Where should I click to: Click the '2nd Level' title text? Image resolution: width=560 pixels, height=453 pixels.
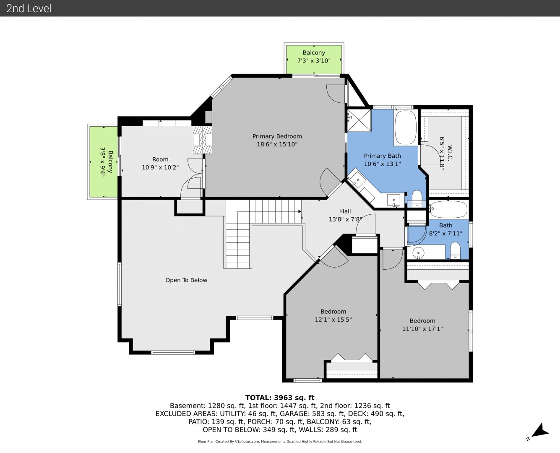click(x=29, y=8)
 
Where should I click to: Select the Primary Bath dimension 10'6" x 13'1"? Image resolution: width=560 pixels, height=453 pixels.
click(x=382, y=164)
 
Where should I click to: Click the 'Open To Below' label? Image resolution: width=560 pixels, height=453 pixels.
click(x=186, y=280)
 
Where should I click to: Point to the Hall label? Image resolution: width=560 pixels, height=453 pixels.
click(x=345, y=211)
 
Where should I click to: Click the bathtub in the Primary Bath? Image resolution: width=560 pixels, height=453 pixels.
click(x=406, y=128)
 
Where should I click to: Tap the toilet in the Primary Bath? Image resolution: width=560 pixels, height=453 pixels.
click(x=417, y=199)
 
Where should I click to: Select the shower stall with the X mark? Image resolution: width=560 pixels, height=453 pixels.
click(x=359, y=120)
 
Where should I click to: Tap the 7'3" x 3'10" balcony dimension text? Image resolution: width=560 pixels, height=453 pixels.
click(x=314, y=61)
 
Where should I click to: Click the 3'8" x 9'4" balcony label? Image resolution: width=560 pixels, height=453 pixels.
click(x=106, y=161)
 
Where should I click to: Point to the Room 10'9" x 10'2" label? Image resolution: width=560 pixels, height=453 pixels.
click(x=160, y=163)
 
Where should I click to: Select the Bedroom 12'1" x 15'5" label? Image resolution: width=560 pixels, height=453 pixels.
click(x=333, y=315)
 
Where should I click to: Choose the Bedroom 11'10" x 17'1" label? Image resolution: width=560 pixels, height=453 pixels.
click(x=422, y=325)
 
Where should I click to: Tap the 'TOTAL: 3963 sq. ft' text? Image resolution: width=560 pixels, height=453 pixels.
click(x=280, y=398)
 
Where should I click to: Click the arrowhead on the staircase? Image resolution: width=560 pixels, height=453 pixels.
click(x=300, y=211)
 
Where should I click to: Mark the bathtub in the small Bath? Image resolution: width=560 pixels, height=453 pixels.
click(x=449, y=209)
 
